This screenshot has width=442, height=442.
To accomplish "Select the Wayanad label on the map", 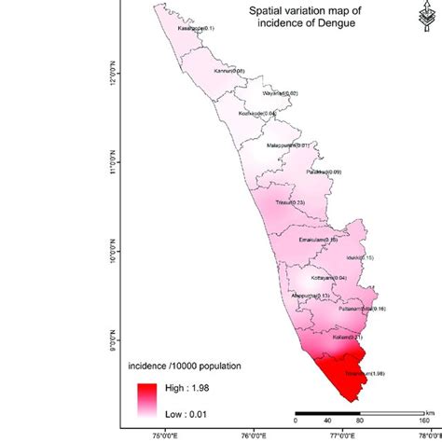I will pyautogui.click(x=280, y=93).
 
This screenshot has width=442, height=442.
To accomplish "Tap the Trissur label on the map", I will pyautogui.click(x=286, y=202).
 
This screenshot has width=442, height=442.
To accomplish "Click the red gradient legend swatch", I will pyautogui.click(x=144, y=399).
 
